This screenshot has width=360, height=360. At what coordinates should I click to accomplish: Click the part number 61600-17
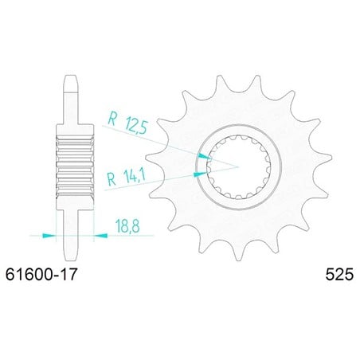pyautogui.click(x=41, y=274)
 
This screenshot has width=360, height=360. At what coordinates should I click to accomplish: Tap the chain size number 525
pyautogui.click(x=339, y=274)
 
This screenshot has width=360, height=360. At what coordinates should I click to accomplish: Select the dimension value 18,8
pyautogui.click(x=127, y=226)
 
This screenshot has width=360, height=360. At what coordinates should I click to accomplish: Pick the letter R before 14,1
pyautogui.click(x=112, y=179)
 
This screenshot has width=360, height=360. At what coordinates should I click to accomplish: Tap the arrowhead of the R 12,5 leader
pyautogui.click(x=205, y=156)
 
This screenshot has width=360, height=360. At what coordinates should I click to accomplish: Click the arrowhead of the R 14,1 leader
pyautogui.click(x=201, y=174)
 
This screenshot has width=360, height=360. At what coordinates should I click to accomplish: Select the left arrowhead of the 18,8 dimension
pyautogui.click(x=49, y=236)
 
